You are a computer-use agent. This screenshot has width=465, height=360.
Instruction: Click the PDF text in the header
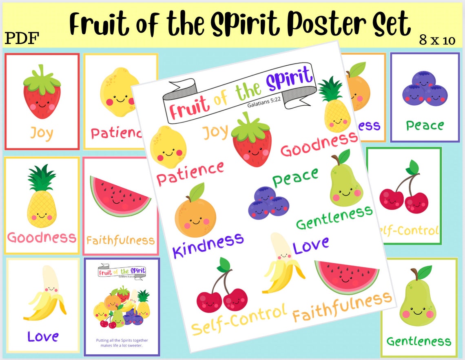coord(22,38)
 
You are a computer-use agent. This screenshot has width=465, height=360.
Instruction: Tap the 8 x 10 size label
coord(437,40)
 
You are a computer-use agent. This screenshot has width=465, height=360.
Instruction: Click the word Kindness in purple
coord(208,244)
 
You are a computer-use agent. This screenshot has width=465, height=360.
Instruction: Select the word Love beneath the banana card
coord(43,336)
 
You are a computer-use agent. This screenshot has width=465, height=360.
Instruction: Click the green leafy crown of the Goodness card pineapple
coord(42,178)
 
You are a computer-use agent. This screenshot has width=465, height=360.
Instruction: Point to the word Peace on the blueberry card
coord(425,125)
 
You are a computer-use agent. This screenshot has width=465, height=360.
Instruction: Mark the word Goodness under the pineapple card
coord(42,238)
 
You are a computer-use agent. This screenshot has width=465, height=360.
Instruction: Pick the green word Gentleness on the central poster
coord(334,218)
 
